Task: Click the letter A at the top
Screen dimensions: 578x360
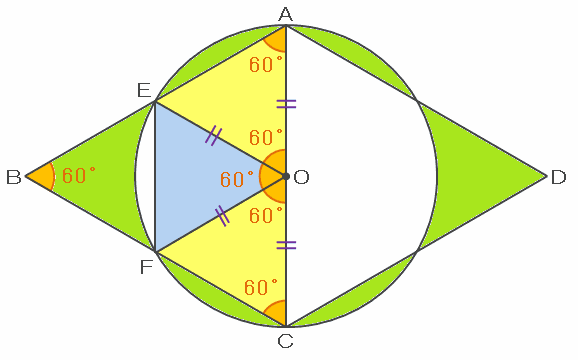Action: point(286,15)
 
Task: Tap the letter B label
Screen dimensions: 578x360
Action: point(13,177)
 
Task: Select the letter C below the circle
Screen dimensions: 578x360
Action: point(285,341)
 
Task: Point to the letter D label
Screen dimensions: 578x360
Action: point(558,177)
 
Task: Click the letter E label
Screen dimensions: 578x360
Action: point(144,90)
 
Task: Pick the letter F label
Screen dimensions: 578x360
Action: point(146,267)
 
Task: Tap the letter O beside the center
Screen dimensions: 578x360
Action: point(301,177)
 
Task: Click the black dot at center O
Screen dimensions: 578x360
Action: point(286,176)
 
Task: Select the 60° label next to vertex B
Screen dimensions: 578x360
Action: point(79,175)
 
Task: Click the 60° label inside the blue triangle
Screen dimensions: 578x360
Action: point(237,179)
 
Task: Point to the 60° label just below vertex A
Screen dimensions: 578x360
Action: point(266,64)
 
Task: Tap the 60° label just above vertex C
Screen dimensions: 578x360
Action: point(261,287)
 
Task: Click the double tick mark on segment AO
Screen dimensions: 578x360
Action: point(286,104)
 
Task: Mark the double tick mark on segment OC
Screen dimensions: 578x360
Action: point(286,245)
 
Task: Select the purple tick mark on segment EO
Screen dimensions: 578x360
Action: point(213,136)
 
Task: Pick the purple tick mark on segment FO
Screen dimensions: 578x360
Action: point(222,215)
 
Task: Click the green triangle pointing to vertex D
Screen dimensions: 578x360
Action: point(479,176)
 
